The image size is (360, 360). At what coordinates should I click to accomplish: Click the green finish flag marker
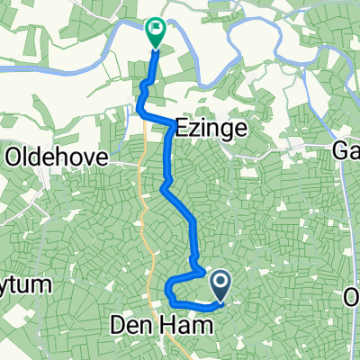pyautogui.click(x=156, y=34)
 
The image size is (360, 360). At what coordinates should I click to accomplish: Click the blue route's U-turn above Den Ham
pyautogui.click(x=168, y=291)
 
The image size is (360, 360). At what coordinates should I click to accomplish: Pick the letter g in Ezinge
pyautogui.click(x=227, y=131)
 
